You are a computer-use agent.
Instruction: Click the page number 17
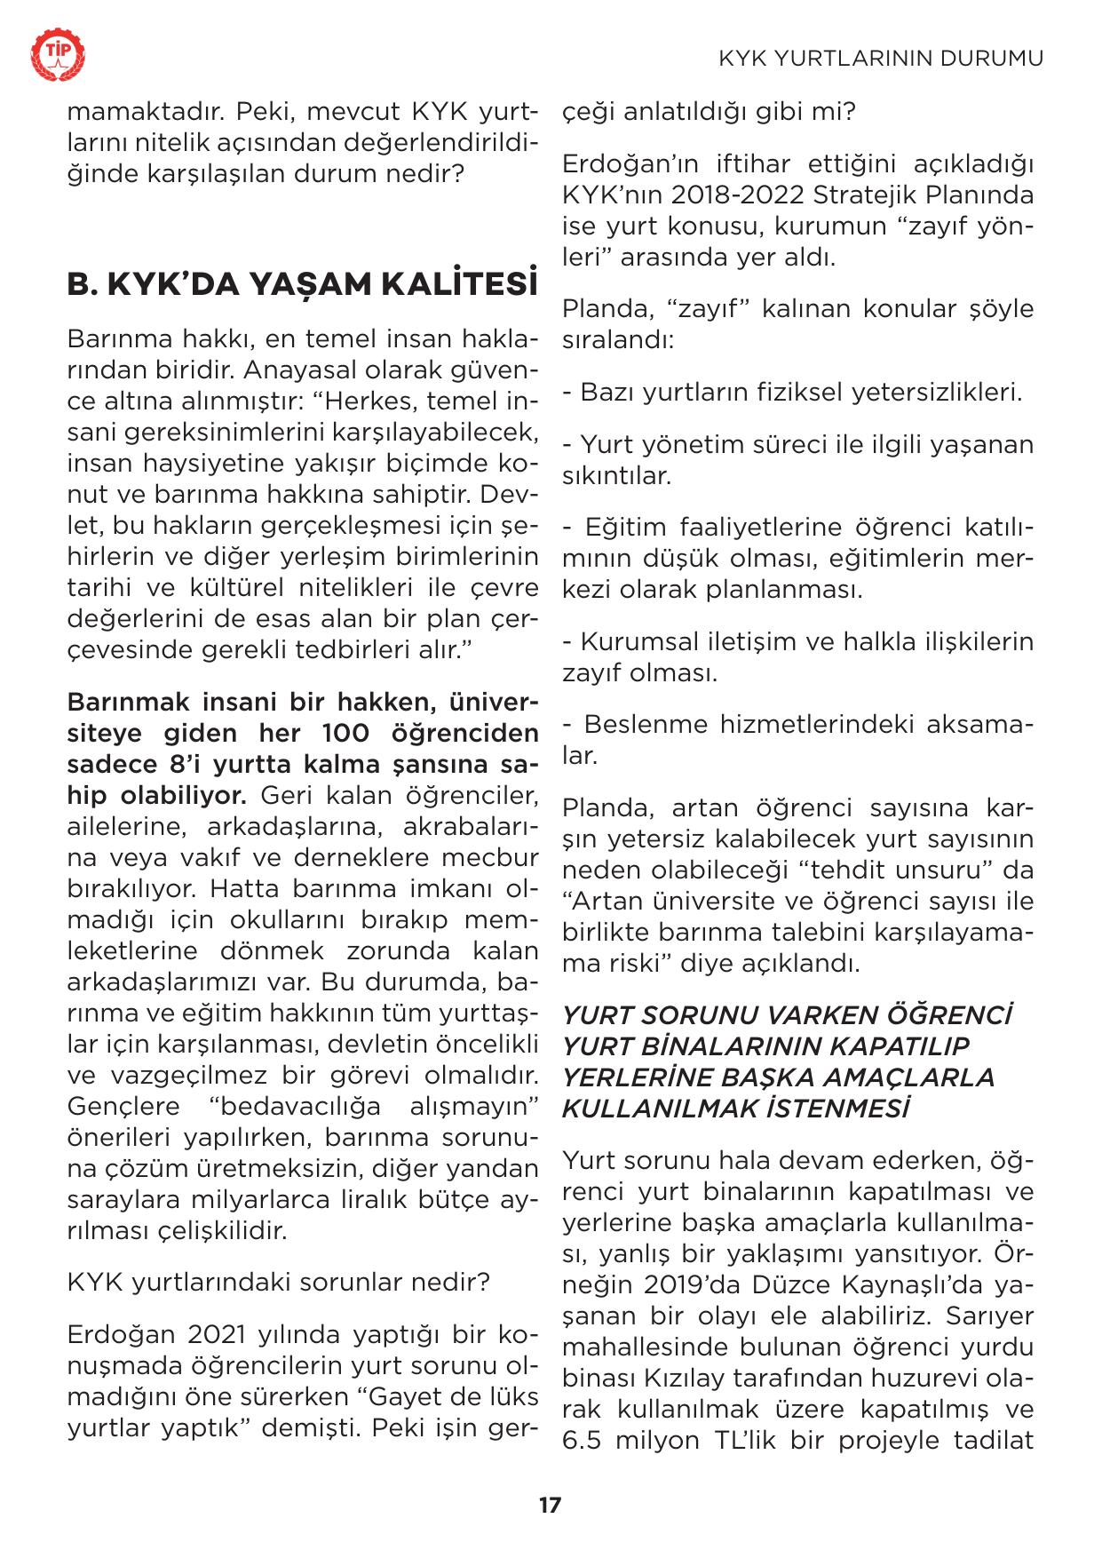(x=550, y=1505)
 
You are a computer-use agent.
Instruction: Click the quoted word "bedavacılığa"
(x=295, y=1106)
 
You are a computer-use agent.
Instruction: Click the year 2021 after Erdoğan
(x=217, y=1335)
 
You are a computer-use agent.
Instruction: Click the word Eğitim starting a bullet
(x=626, y=527)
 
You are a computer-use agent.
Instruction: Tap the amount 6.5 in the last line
(x=583, y=1439)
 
